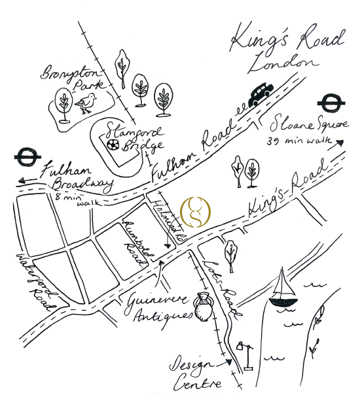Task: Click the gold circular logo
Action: click(x=196, y=210)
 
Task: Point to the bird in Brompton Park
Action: click(x=86, y=103)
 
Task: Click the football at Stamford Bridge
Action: click(x=113, y=143)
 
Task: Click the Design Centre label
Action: click(x=196, y=373)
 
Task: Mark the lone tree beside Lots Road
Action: click(x=230, y=252)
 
